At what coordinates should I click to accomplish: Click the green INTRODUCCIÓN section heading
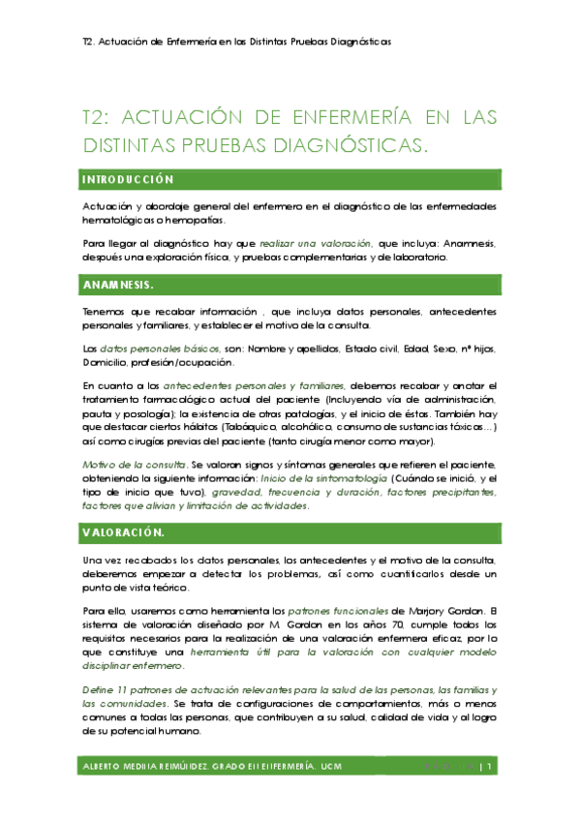pos(128,179)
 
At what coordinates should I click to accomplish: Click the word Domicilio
pos(108,362)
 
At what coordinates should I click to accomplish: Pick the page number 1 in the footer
pos(492,767)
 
